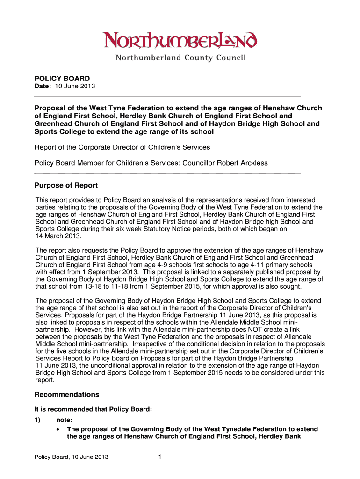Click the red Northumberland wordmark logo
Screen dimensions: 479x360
pyautogui.click(x=180, y=41)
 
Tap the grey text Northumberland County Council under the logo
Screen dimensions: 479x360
pyautogui.click(x=180, y=58)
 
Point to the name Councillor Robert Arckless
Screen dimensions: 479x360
pyautogui.click(x=228, y=163)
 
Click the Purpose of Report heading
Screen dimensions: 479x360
pyautogui.click(x=66, y=186)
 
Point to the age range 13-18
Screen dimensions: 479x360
pyautogui.click(x=86, y=286)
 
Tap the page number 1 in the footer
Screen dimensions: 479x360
pyautogui.click(x=159, y=457)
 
